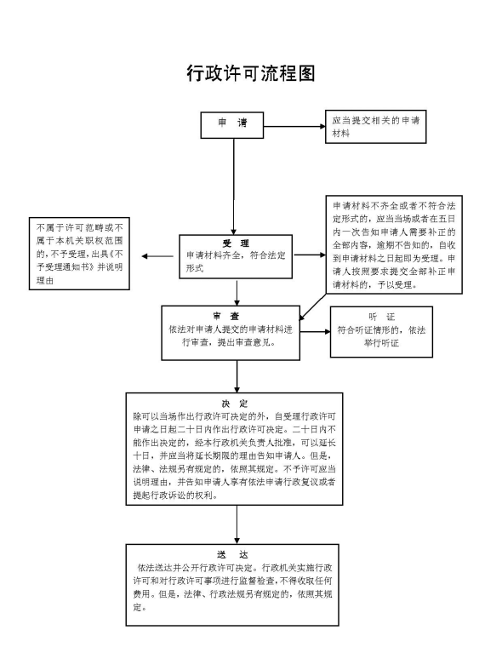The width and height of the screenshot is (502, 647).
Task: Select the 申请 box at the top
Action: coord(233,124)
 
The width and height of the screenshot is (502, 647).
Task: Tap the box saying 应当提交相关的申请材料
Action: coord(374,127)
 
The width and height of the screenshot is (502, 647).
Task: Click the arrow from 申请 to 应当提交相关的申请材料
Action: coord(294,125)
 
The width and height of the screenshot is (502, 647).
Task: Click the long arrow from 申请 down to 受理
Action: coord(233,187)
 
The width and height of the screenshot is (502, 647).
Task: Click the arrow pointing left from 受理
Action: coord(158,257)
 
